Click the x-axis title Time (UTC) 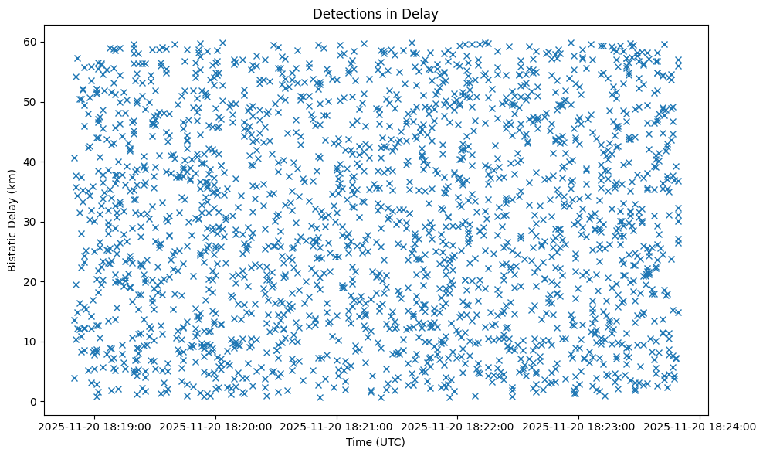point(375,442)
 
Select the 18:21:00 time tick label point(337,425)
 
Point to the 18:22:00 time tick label point(458,425)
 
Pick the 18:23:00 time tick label point(579,425)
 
